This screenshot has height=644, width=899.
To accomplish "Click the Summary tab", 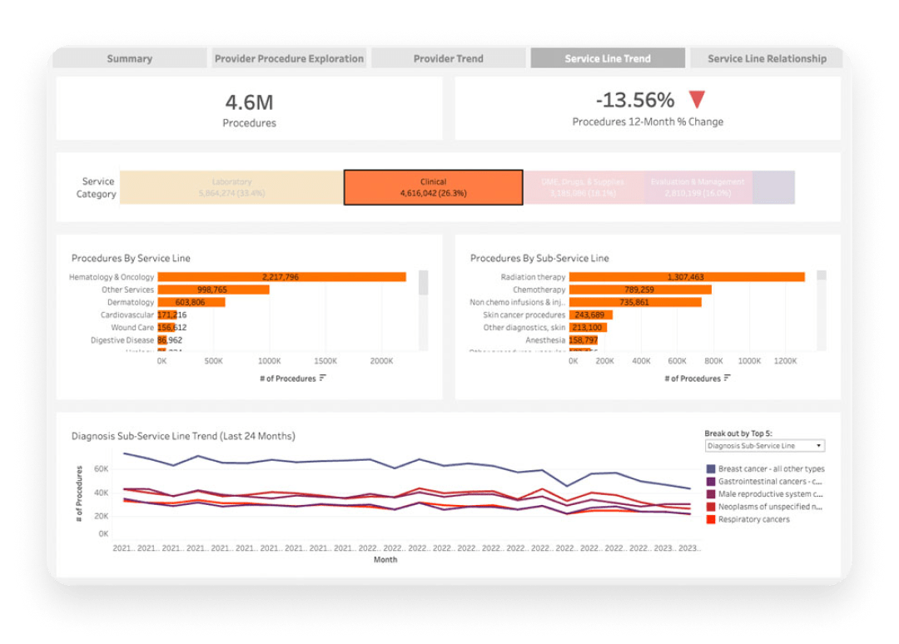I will point(129,58).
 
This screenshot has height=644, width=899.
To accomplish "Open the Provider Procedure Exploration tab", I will point(289,58).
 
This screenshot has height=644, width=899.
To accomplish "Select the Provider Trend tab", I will point(448,58).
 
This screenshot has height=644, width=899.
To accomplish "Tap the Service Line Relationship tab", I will point(767,58).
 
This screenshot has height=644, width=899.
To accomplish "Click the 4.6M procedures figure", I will point(249,103).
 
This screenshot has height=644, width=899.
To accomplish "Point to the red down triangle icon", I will point(697,100).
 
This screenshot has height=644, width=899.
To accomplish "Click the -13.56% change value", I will point(635,101).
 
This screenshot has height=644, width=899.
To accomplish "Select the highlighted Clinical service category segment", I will point(433,187).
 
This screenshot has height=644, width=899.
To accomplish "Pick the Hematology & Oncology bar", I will point(281,277).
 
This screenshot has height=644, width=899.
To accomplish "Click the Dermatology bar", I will point(191,302).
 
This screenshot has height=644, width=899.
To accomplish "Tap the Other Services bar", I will point(213,290).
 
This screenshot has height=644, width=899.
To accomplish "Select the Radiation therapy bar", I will point(686,277).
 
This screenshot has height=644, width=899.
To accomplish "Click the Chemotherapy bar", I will point(639,290).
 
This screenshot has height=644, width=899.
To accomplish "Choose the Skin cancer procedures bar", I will point(590,315).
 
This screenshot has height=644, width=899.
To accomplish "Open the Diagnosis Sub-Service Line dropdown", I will point(764,446).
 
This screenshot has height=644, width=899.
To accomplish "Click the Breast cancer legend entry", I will point(771,469).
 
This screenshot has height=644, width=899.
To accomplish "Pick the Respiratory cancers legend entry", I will point(753,519).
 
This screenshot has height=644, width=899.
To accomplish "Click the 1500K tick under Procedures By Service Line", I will point(325,362).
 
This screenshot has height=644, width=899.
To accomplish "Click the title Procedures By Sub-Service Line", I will point(539,258).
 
